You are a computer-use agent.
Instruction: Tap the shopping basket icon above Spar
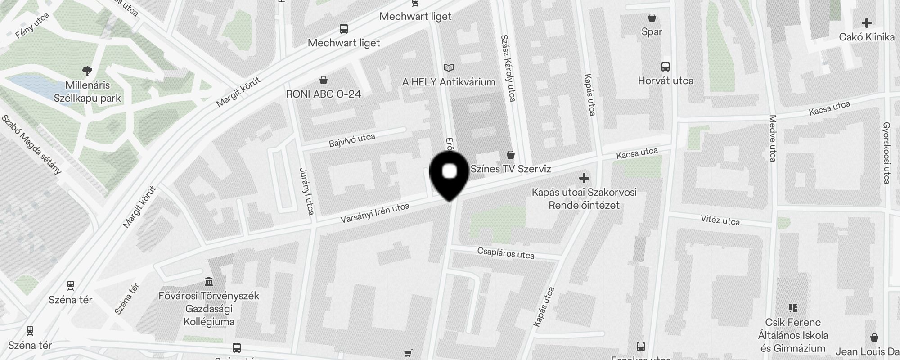pyautogui.click(x=652, y=18)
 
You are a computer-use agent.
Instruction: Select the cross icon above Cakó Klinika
pyautogui.click(x=866, y=23)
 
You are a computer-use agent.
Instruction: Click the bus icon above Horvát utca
pyautogui.click(x=665, y=67)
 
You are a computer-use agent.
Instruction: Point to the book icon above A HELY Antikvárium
pyautogui.click(x=448, y=67)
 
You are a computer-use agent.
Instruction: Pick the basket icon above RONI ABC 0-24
pyautogui.click(x=323, y=80)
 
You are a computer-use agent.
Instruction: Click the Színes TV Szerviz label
pyautogui.click(x=510, y=169)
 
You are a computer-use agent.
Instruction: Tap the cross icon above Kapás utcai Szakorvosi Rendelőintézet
pyautogui.click(x=584, y=178)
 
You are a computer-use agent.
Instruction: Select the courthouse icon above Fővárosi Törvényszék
pyautogui.click(x=209, y=282)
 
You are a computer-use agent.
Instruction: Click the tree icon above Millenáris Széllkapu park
pyautogui.click(x=87, y=70)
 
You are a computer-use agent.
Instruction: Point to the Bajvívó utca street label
pyautogui.click(x=352, y=140)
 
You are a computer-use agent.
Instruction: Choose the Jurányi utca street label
pyautogui.click(x=307, y=191)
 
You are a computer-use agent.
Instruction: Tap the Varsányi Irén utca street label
pyautogui.click(x=374, y=213)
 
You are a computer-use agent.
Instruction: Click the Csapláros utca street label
pyautogui.click(x=505, y=253)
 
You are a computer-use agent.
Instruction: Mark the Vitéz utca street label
pyautogui.click(x=720, y=220)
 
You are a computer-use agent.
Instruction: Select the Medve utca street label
pyautogui.click(x=773, y=138)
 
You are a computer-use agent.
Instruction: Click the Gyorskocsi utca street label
pyautogui.click(x=886, y=153)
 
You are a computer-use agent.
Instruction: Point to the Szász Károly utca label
pyautogui.click(x=508, y=68)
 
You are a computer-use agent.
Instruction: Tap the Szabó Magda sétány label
pyautogui.click(x=31, y=144)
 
